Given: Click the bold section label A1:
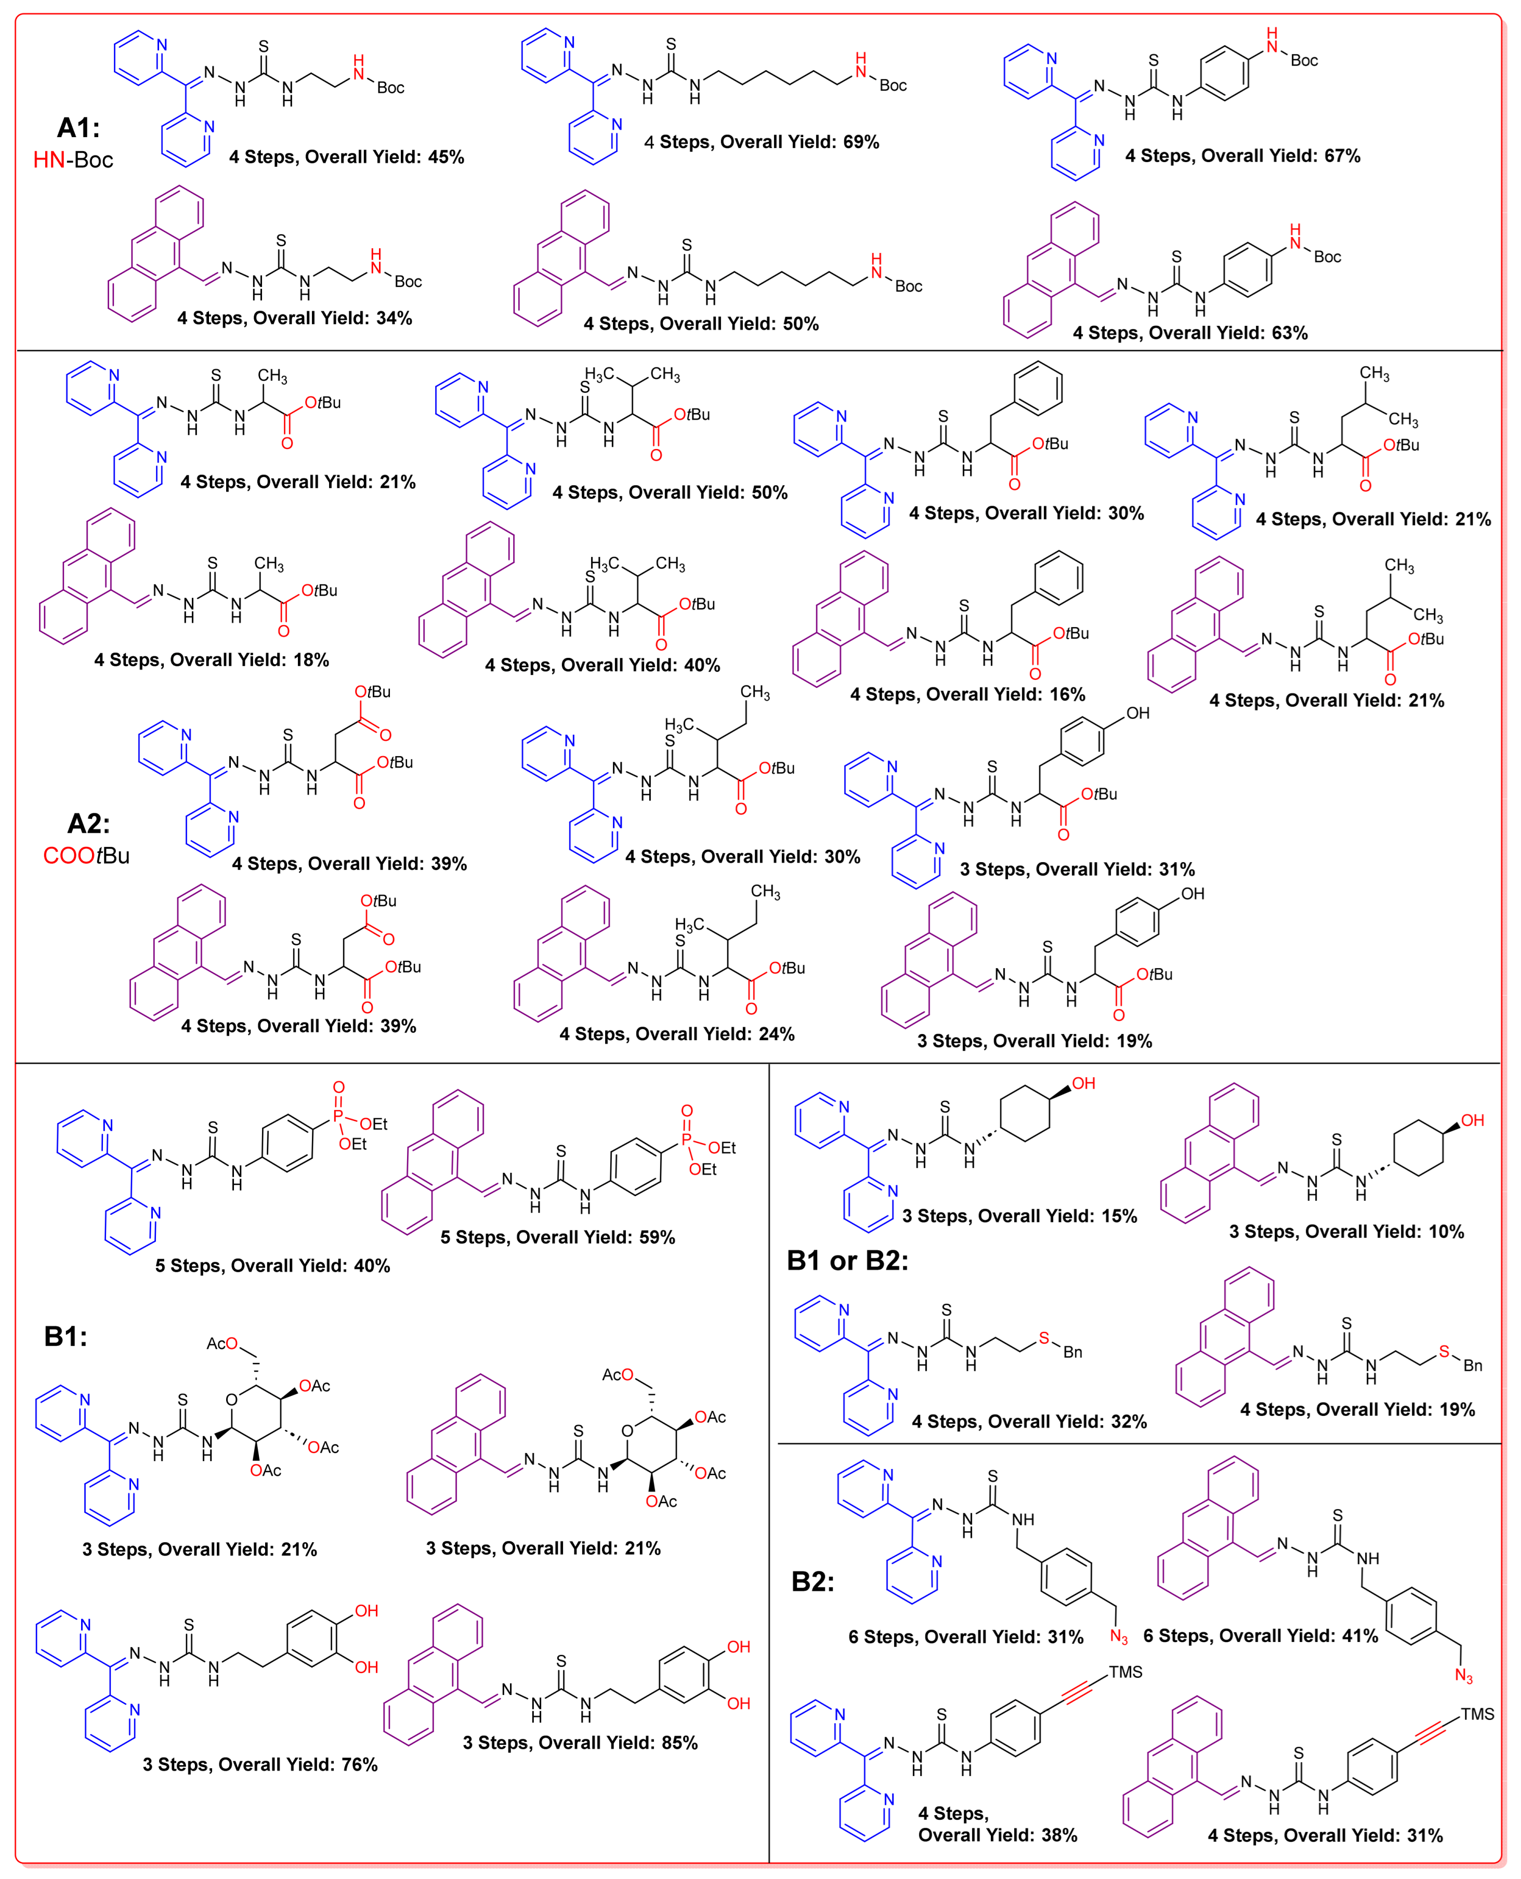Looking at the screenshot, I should point(78,128).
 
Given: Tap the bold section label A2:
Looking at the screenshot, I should point(88,824).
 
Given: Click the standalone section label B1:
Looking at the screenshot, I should point(65,1337).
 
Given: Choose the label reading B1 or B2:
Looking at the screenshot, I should point(847,1261).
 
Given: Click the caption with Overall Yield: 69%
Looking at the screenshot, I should point(762,142).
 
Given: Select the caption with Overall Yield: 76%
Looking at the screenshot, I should point(260,1764).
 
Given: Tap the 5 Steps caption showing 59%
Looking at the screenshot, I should point(557,1237).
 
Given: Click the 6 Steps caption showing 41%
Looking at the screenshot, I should point(1260,1635).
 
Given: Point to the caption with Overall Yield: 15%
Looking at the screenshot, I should point(1020,1216).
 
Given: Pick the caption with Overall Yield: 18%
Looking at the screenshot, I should point(211,659).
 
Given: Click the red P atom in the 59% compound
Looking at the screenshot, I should point(686,1139).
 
